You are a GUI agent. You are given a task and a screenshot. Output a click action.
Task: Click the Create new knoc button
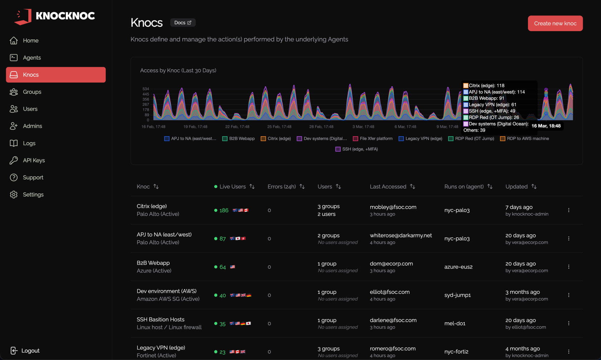(555, 23)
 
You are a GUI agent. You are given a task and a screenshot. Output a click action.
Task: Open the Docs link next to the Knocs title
(183, 23)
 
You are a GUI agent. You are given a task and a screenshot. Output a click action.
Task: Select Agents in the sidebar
(31, 58)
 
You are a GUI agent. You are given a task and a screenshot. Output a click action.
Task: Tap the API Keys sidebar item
(34, 160)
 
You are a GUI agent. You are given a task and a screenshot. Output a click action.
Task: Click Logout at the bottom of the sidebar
(30, 351)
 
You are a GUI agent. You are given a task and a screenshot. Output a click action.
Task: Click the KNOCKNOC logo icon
(23, 16)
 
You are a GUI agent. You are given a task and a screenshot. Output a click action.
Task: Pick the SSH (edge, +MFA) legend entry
(356, 149)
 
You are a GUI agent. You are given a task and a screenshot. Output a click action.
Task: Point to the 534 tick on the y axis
(146, 89)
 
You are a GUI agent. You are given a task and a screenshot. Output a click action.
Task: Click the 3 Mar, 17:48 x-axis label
(363, 127)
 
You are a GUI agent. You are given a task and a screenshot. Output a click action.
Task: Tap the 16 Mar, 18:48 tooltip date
(546, 126)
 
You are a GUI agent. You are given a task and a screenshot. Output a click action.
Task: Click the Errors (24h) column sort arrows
(302, 187)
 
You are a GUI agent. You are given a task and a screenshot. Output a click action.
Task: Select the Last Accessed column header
(388, 187)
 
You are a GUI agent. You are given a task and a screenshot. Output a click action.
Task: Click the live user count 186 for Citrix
(224, 210)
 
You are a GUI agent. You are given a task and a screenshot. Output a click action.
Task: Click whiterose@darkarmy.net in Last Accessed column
(401, 235)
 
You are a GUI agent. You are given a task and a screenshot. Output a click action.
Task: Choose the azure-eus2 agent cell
(458, 267)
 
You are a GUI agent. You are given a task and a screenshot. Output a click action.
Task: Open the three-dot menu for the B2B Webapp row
(568, 267)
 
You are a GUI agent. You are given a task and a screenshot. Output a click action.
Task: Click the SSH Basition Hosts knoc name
(160, 320)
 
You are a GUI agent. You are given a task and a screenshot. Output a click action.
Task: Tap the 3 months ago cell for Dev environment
(522, 292)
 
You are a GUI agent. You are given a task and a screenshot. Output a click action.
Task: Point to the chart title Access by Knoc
(178, 70)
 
